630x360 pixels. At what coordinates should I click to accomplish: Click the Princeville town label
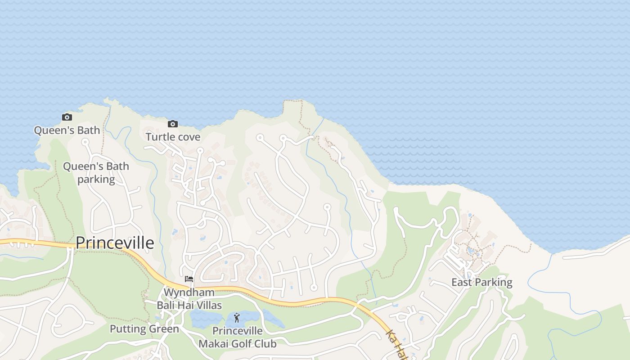115,243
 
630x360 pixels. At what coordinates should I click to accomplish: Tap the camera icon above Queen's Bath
67,117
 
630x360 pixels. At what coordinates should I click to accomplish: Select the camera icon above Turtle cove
172,124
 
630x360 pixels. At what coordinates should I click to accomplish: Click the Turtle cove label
173,137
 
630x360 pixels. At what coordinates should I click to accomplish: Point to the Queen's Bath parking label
96,173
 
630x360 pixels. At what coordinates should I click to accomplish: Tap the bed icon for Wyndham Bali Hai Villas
189,279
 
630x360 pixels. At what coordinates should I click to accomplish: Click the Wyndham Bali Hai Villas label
189,299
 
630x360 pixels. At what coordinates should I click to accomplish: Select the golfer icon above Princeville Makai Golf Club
237,318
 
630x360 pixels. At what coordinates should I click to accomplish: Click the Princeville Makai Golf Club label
238,337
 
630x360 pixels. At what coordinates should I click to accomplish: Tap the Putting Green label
144,329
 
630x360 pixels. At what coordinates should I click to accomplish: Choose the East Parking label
482,283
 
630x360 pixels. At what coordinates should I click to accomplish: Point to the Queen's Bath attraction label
67,130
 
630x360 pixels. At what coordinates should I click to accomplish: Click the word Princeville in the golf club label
238,331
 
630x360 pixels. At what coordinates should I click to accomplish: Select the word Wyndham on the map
189,292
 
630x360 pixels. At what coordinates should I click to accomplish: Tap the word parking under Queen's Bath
96,179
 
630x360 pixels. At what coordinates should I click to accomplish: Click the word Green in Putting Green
164,329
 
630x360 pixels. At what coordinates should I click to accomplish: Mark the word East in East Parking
461,283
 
